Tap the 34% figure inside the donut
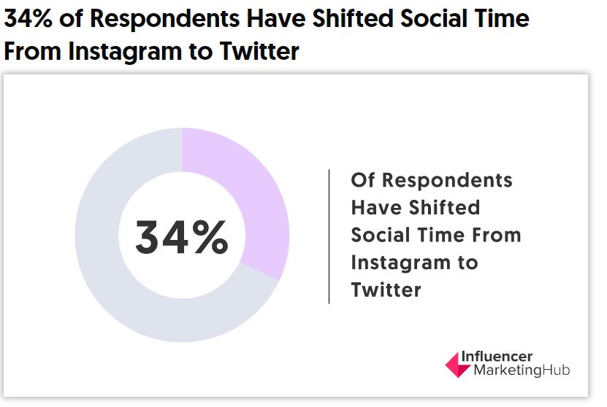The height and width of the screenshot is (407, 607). (x=182, y=238)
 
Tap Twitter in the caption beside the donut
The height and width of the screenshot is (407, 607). (x=386, y=290)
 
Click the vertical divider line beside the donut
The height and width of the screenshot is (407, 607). (x=329, y=236)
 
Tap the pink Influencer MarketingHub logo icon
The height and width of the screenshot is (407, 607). (x=458, y=363)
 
